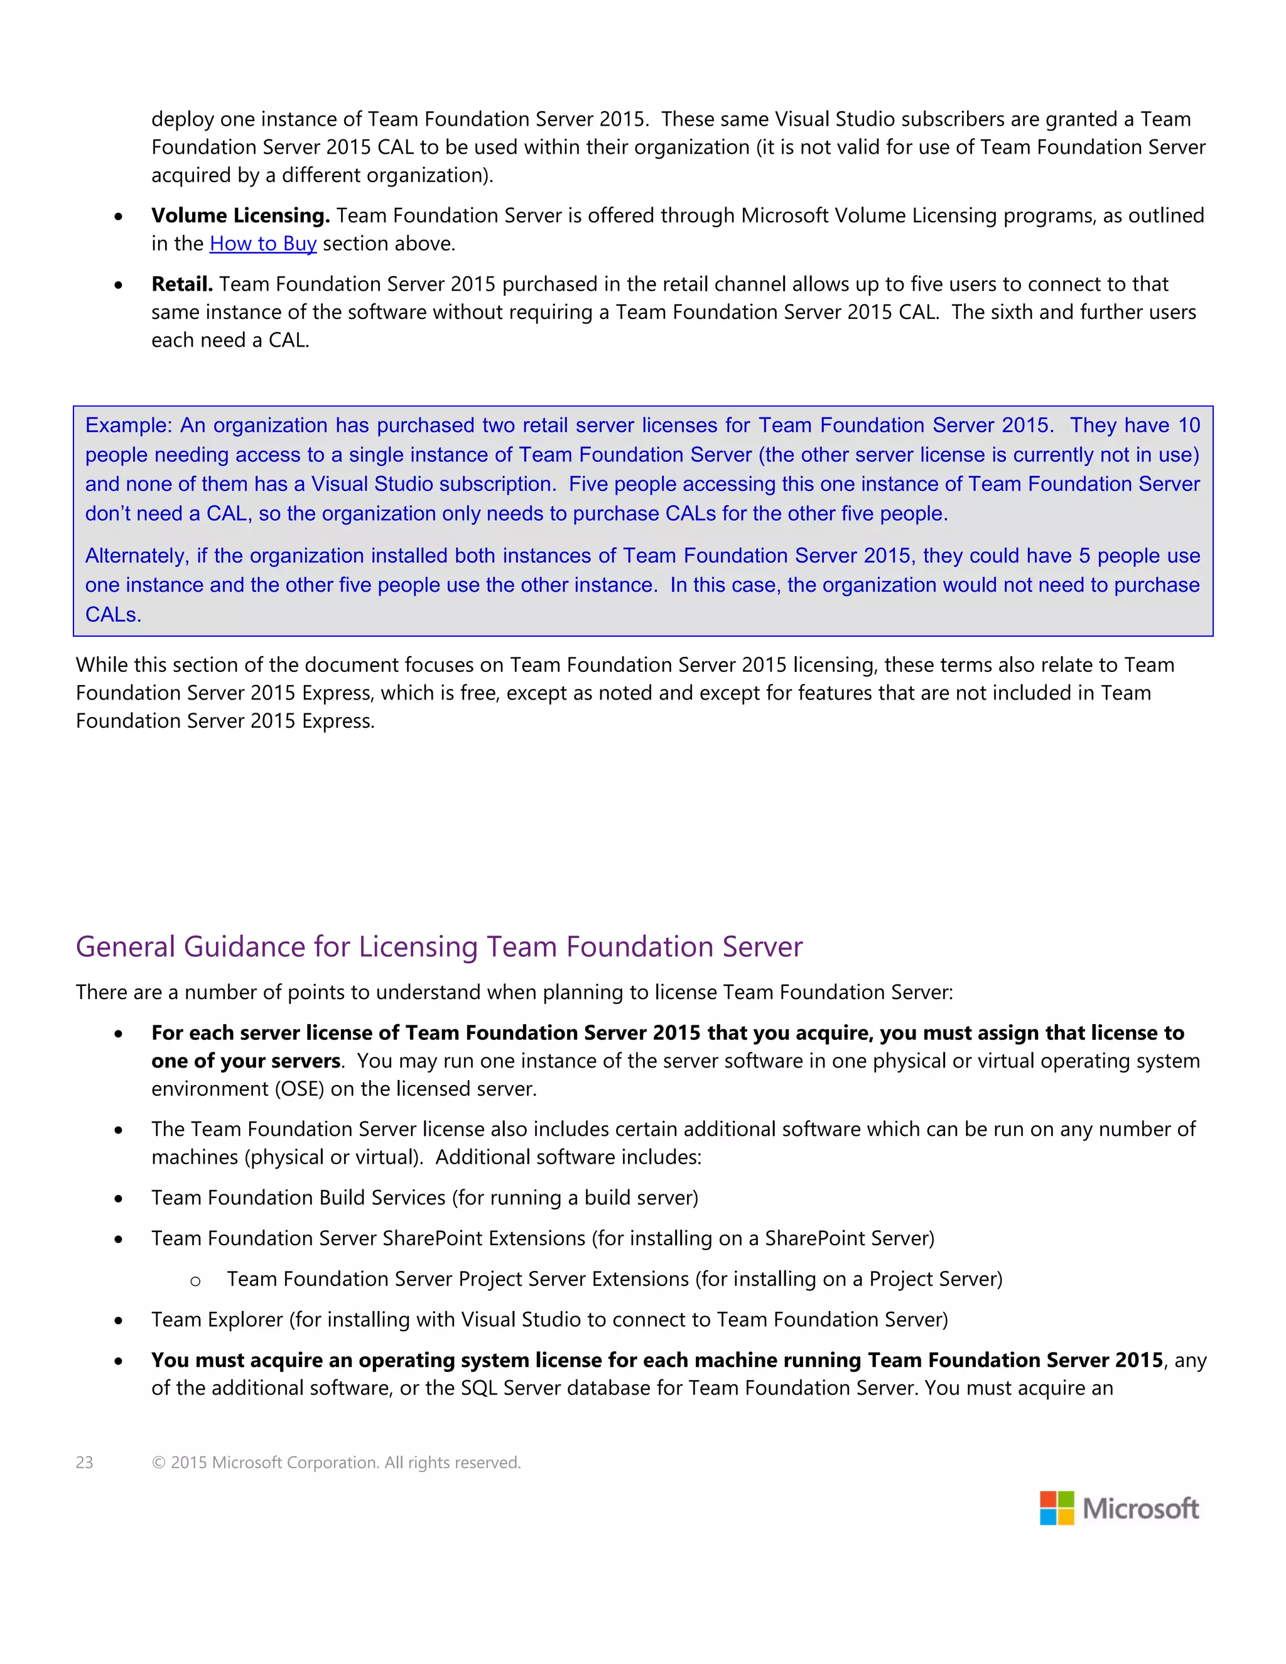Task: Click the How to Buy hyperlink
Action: pyautogui.click(x=263, y=244)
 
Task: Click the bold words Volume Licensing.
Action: pyautogui.click(x=240, y=215)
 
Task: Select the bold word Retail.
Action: pyautogui.click(x=181, y=284)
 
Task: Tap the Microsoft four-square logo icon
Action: pyautogui.click(x=1057, y=1508)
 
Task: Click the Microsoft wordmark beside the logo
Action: pyautogui.click(x=1140, y=1508)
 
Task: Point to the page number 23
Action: pyautogui.click(x=85, y=1462)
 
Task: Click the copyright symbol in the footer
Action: pyautogui.click(x=158, y=1462)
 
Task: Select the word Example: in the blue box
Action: pyautogui.click(x=129, y=425)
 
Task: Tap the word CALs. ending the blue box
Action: pyautogui.click(x=113, y=615)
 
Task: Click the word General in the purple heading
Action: pyautogui.click(x=126, y=946)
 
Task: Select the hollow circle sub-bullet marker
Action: pyautogui.click(x=196, y=1282)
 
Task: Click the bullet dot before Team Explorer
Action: pyautogui.click(x=119, y=1321)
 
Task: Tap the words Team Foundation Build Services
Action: pyautogui.click(x=298, y=1197)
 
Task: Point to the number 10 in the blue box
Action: pyautogui.click(x=1189, y=425)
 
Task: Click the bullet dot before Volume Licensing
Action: pyautogui.click(x=119, y=217)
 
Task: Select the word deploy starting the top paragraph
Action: pyautogui.click(x=182, y=119)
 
